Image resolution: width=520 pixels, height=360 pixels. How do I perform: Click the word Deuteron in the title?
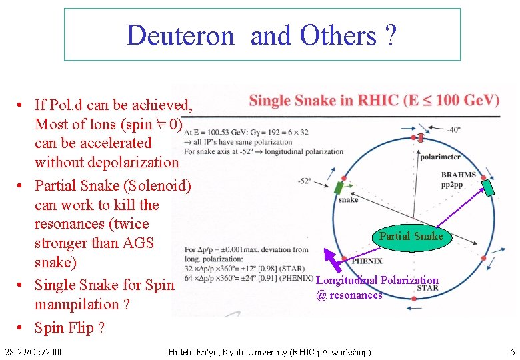pos(180,35)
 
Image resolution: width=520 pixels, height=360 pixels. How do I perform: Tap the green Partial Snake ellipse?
pos(411,237)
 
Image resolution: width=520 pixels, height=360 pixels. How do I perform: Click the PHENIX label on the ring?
pos(367,261)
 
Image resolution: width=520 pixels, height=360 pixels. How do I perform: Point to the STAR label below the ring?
pos(427,288)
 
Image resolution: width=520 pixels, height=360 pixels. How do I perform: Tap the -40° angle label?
pos(453,130)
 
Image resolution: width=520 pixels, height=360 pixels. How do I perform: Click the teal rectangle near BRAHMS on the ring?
pos(489,187)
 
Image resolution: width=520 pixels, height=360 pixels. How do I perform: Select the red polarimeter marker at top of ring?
pos(414,138)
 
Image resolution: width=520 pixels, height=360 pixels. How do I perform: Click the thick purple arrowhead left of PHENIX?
pos(330,255)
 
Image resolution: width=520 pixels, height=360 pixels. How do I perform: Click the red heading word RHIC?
pos(378,101)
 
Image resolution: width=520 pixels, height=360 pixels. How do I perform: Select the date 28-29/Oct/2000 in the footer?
pos(34,351)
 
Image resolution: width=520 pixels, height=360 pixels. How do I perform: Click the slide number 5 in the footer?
pos(513,351)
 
